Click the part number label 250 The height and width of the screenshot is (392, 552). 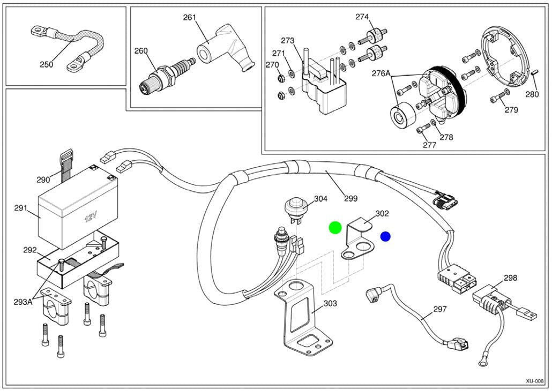pyautogui.click(x=47, y=64)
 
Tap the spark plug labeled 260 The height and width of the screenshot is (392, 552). pyautogui.click(x=166, y=74)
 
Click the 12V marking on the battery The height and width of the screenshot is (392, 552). pyautogui.click(x=90, y=217)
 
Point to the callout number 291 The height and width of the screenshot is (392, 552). pyautogui.click(x=21, y=208)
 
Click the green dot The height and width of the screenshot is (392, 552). pyautogui.click(x=335, y=228)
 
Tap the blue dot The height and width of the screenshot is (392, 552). pyautogui.click(x=385, y=236)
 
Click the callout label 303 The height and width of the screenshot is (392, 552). pyautogui.click(x=330, y=303)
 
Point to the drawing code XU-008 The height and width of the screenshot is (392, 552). pyautogui.click(x=535, y=381)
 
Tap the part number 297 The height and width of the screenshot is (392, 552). pyautogui.click(x=439, y=309)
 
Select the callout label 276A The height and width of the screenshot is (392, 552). pyautogui.click(x=381, y=73)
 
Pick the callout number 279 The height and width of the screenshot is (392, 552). pyautogui.click(x=511, y=109)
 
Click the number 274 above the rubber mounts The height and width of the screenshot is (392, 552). pyautogui.click(x=362, y=17)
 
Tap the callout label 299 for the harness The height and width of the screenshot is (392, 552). pyautogui.click(x=350, y=198)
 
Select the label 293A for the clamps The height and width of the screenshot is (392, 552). pyautogui.click(x=23, y=302)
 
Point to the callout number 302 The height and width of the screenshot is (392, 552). pyautogui.click(x=382, y=213)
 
